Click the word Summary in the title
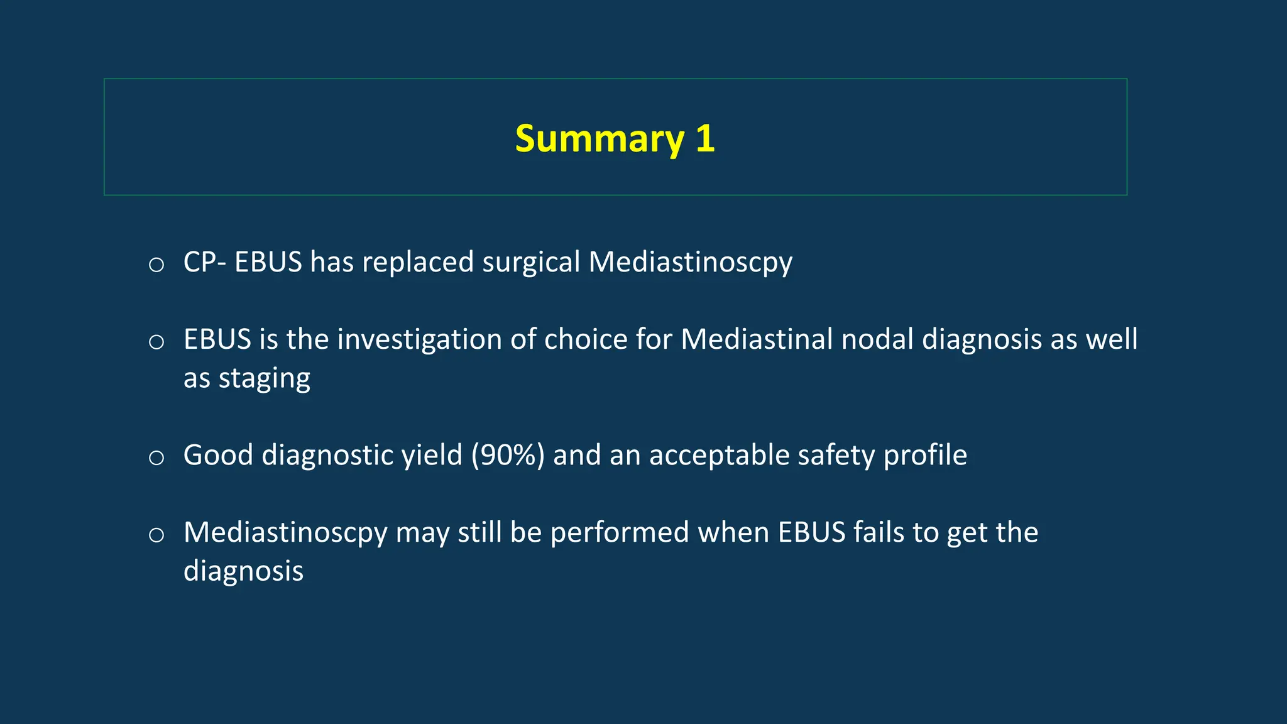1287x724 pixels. pyautogui.click(x=599, y=139)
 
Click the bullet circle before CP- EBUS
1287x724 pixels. pyautogui.click(x=156, y=265)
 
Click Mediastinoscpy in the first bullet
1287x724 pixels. pyautogui.click(x=690, y=262)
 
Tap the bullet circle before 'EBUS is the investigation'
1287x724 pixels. pyautogui.click(x=156, y=342)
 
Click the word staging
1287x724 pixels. pyautogui.click(x=264, y=378)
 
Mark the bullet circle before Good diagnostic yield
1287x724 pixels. pyautogui.click(x=156, y=458)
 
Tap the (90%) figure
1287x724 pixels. pyautogui.click(x=508, y=455)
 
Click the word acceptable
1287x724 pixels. pyautogui.click(x=719, y=455)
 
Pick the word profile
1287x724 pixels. pyautogui.click(x=925, y=455)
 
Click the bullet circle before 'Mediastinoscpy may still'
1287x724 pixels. pyautogui.click(x=156, y=535)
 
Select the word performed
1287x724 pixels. pyautogui.click(x=620, y=532)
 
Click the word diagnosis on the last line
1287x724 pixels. pyautogui.click(x=243, y=571)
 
